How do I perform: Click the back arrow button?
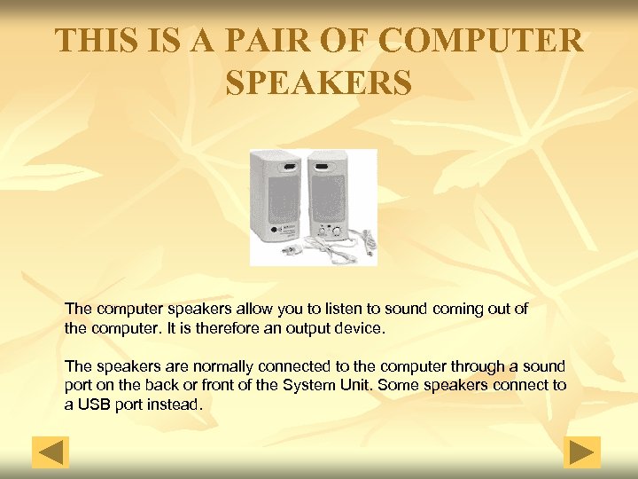point(51,452)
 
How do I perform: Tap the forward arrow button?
point(582,452)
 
